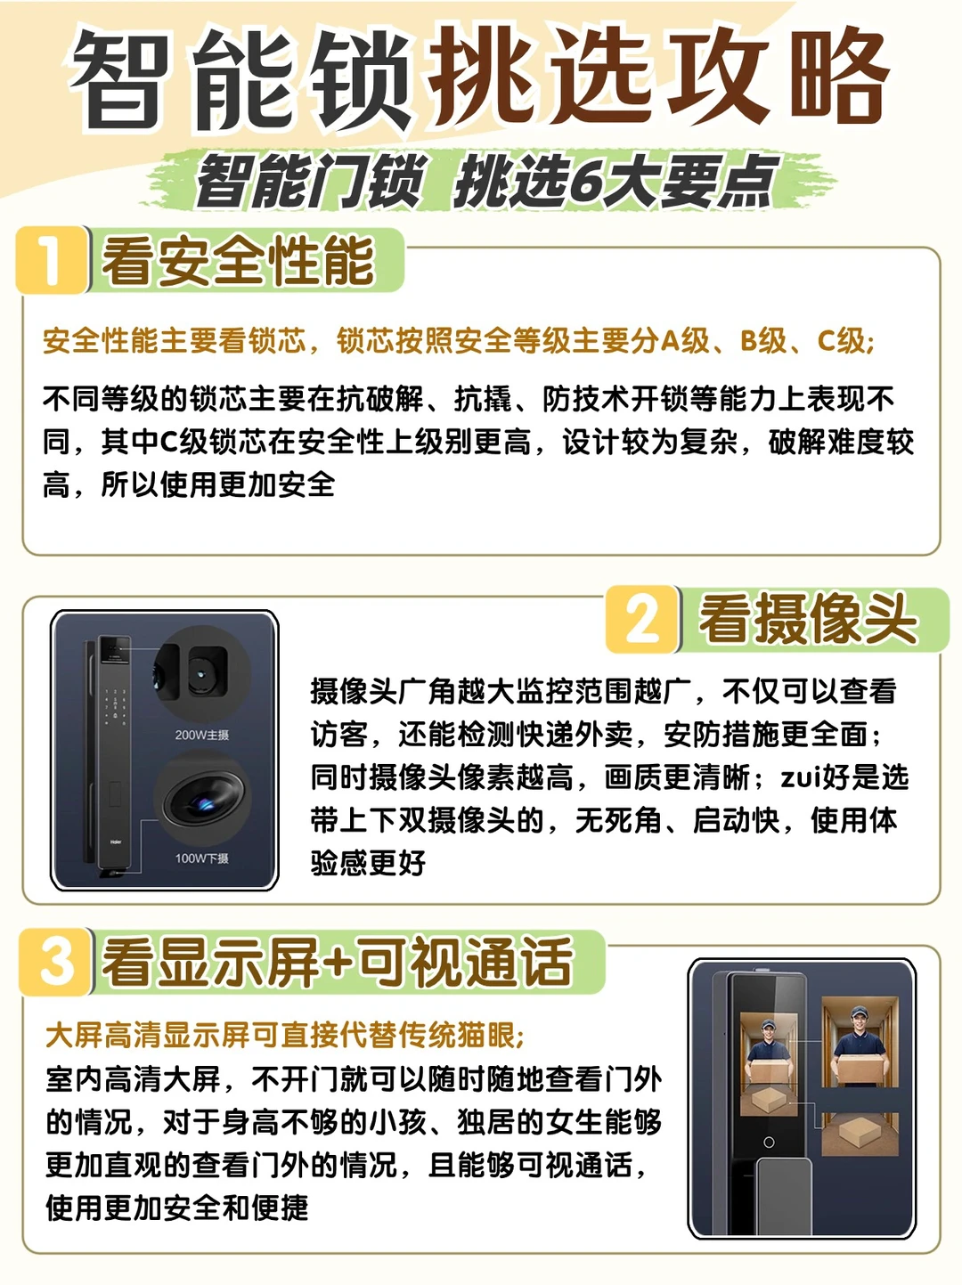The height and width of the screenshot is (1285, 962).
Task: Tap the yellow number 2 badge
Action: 642,620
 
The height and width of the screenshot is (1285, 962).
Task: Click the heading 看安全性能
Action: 238,261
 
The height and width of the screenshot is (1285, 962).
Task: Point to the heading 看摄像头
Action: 809,620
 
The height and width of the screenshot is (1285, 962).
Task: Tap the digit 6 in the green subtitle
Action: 584,182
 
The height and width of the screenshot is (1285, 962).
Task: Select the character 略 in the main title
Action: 839,77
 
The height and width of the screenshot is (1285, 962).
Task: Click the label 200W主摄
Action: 202,735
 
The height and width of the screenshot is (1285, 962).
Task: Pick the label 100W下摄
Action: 202,858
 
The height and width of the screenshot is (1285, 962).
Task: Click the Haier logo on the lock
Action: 115,842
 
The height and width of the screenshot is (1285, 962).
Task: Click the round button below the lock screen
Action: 769,1143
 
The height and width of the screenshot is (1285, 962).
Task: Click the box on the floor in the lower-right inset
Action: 860,1132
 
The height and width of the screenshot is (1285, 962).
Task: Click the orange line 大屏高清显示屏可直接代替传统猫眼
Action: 284,1036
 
